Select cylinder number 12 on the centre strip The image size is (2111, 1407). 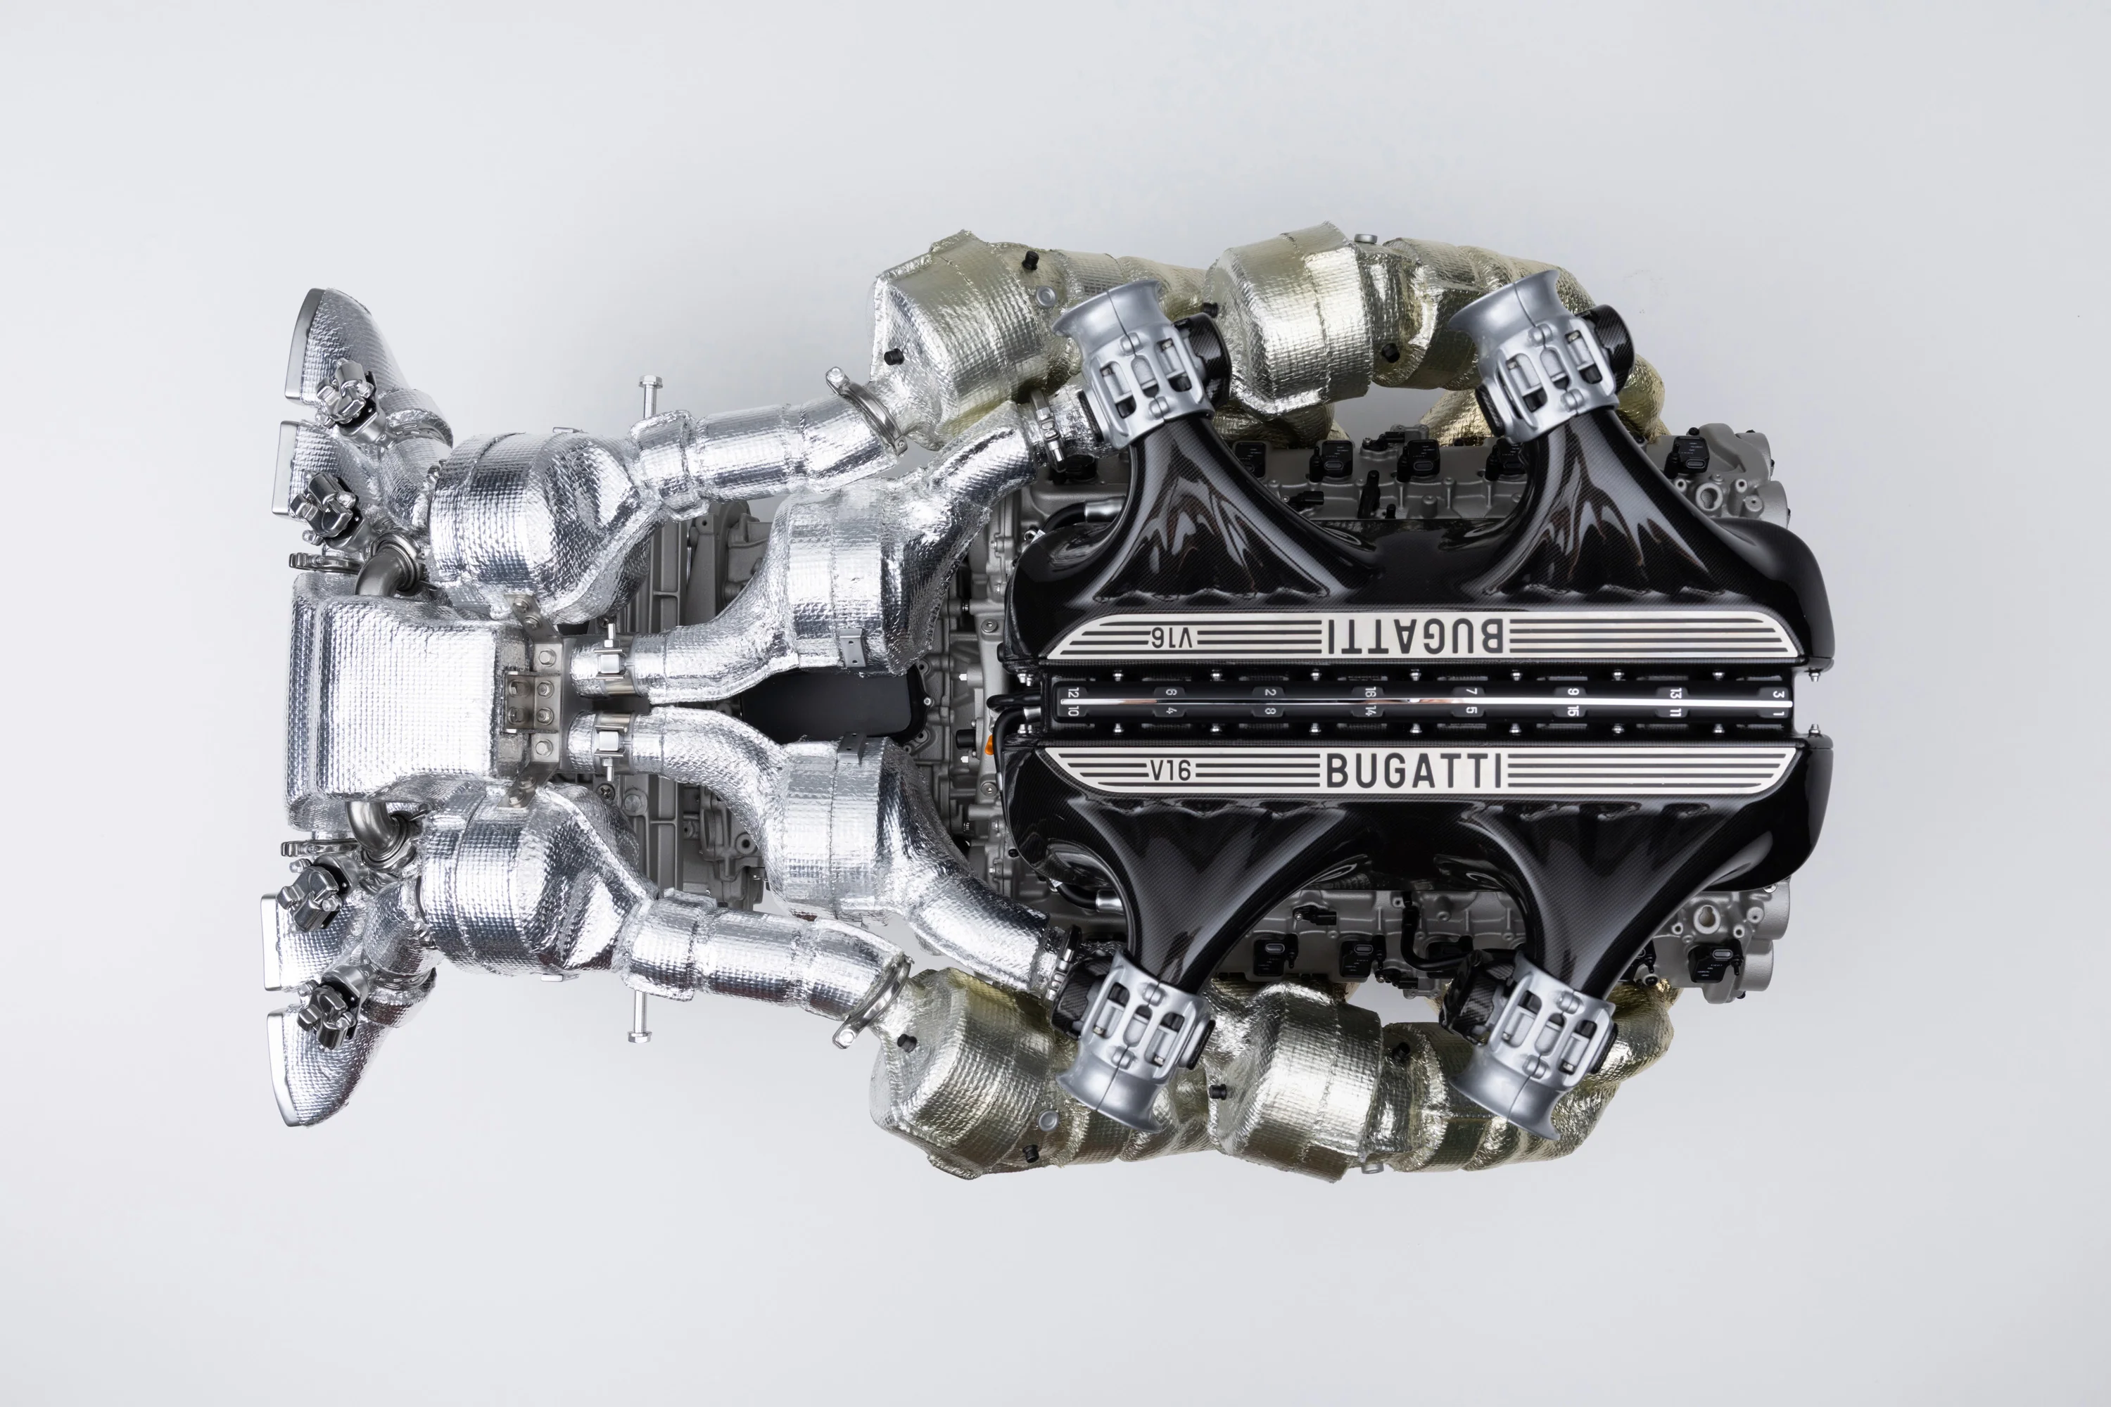point(1072,693)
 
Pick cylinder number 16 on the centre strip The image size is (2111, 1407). point(1369,693)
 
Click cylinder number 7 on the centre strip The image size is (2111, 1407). point(1470,693)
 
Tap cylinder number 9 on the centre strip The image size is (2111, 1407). point(1571,693)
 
